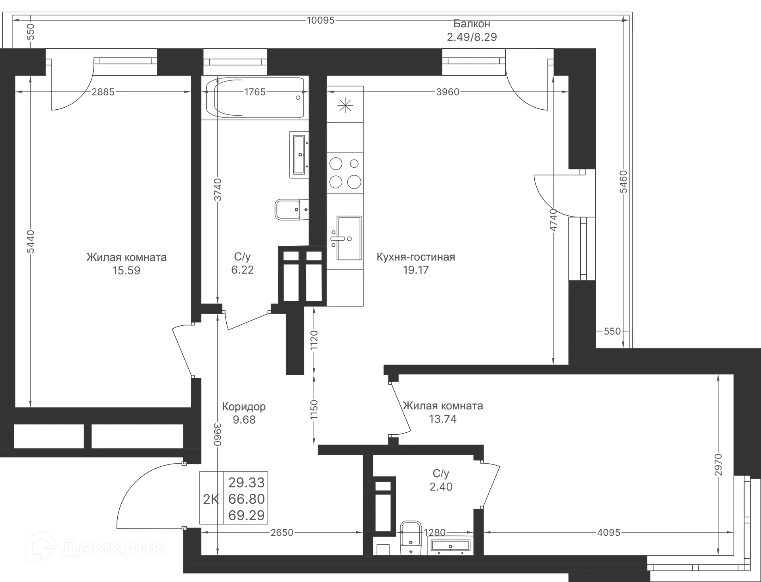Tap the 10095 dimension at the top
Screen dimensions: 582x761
click(x=321, y=20)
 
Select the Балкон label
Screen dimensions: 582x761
click(x=472, y=24)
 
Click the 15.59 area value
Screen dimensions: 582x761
click(x=127, y=270)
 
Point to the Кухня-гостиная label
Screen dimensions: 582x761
click(x=416, y=257)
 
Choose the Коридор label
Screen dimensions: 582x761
click(x=244, y=407)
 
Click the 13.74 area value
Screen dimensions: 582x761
click(x=443, y=418)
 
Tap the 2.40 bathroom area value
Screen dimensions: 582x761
click(x=441, y=487)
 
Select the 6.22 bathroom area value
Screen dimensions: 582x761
click(x=242, y=270)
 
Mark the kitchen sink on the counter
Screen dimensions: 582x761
click(x=346, y=239)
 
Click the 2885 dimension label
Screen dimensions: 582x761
click(x=103, y=92)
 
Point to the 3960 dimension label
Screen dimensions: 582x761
click(x=447, y=92)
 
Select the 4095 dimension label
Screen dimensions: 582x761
click(x=609, y=533)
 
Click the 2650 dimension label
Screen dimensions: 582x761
click(x=282, y=533)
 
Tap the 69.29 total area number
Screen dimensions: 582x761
click(x=247, y=515)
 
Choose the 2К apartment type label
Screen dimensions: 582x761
click(x=210, y=499)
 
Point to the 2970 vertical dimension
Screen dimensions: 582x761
click(x=718, y=465)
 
